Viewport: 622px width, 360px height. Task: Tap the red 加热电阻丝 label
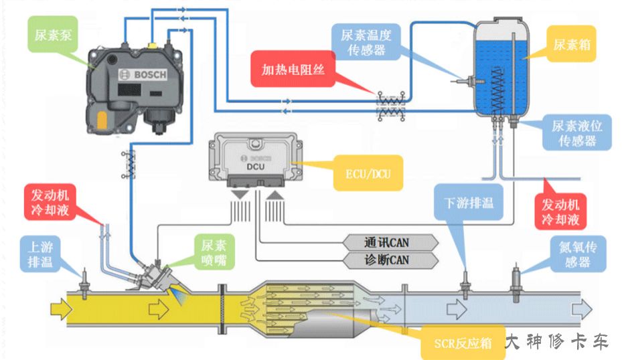coord(293,68)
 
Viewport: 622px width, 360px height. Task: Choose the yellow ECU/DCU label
coord(364,175)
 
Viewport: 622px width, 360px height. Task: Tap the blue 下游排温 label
coord(469,202)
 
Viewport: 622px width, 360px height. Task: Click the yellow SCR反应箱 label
coord(460,343)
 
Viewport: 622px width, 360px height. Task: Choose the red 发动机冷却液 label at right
coord(560,211)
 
